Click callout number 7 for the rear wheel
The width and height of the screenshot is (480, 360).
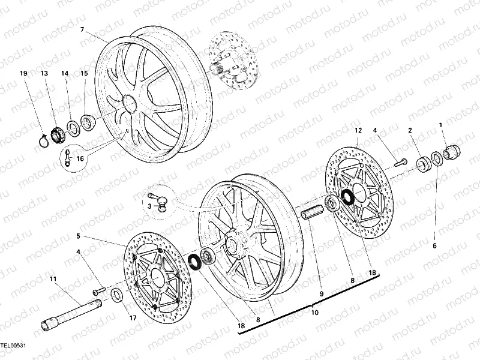[x=82, y=29]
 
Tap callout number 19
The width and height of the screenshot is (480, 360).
[x=24, y=74]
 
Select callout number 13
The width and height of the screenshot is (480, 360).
[x=44, y=74]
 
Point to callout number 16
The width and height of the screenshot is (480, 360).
[x=80, y=158]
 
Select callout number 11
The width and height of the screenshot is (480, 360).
[x=53, y=279]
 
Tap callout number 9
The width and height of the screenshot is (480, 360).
[x=322, y=293]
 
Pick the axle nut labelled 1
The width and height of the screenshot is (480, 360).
[x=451, y=150]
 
